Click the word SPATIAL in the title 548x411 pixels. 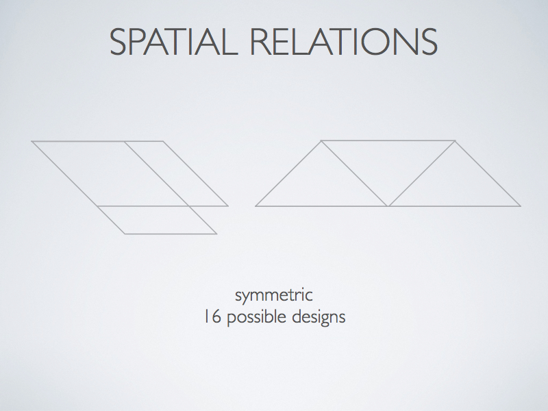[x=174, y=42]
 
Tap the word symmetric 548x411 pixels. [x=274, y=296]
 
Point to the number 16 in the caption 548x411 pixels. [x=212, y=316]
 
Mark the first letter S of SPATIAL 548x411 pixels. [x=118, y=42]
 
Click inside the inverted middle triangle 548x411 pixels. [x=388, y=162]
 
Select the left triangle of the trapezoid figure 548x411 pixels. [x=321, y=184]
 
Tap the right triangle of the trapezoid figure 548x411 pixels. [x=455, y=184]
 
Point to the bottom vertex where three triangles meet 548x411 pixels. [x=388, y=206]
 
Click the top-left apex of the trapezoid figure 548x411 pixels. [x=321, y=140]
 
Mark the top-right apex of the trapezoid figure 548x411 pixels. [x=455, y=140]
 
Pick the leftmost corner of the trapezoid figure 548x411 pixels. [x=256, y=206]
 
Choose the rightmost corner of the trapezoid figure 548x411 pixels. [x=521, y=206]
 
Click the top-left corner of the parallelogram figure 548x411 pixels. [x=32, y=141]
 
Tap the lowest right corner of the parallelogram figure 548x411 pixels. [x=216, y=234]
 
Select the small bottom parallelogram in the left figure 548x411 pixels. [x=157, y=220]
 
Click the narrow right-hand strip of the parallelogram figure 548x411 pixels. [x=177, y=174]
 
